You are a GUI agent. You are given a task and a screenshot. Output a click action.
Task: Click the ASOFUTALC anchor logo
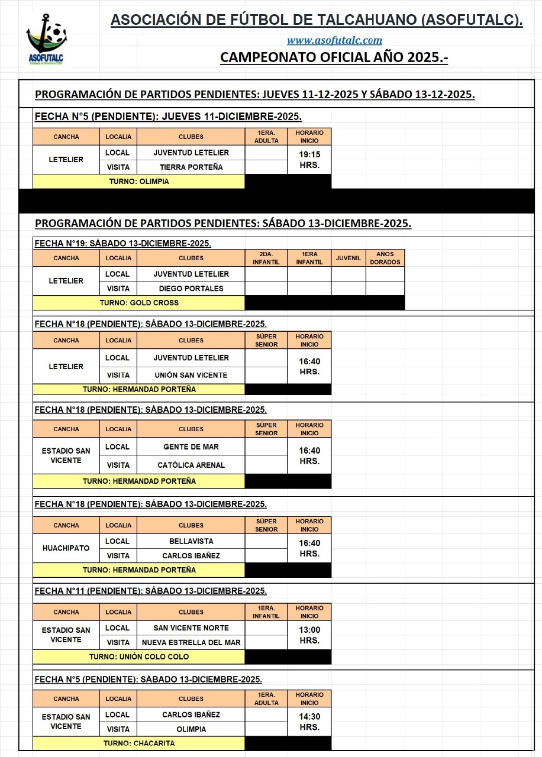47,40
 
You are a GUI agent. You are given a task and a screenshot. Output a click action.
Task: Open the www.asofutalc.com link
334,40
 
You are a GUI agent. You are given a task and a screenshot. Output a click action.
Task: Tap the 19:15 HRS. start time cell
309,160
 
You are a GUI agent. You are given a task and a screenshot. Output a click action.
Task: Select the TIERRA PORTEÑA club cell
191,167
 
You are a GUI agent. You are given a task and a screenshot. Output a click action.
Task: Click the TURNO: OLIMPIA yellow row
138,182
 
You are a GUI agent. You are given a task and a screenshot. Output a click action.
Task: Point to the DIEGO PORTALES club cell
191,289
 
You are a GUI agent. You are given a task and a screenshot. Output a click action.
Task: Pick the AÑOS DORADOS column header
385,258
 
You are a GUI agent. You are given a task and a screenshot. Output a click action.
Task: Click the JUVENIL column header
348,258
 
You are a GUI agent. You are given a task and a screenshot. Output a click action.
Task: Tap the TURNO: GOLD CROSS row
138,303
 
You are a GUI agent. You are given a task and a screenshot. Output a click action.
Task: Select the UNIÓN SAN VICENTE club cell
191,375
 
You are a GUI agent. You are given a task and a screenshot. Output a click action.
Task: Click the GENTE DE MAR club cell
191,447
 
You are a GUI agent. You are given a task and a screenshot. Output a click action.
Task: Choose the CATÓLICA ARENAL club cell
191,465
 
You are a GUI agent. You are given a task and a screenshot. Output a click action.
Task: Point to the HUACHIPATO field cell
66,548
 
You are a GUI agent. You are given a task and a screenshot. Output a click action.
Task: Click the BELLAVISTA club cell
191,541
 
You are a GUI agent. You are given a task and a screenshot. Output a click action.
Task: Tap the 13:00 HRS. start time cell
309,635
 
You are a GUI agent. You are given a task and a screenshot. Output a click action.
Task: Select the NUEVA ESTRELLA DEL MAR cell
191,642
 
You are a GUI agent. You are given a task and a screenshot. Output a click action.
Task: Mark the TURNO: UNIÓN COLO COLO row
138,656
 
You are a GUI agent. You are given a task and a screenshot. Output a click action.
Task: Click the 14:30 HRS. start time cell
309,722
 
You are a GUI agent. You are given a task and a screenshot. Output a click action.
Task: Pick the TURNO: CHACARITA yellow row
138,743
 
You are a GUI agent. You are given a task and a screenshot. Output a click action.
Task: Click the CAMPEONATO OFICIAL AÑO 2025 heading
334,57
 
